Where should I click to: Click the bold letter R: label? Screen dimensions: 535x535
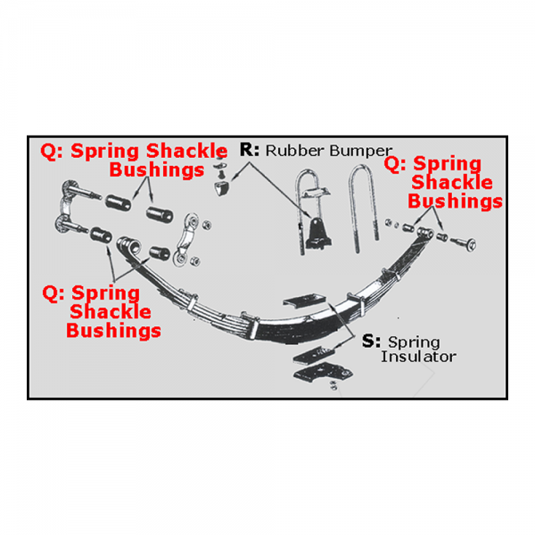tap(250, 150)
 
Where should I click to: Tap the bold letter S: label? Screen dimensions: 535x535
tap(371, 341)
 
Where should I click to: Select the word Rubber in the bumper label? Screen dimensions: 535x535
tap(294, 151)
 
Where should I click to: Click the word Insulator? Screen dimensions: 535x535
tap(418, 357)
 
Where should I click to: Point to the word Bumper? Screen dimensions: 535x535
tap(360, 152)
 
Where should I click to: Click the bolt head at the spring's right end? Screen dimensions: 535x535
tap(471, 244)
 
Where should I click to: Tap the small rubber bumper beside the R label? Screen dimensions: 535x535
tap(222, 188)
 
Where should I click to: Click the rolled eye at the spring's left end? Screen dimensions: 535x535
tap(129, 246)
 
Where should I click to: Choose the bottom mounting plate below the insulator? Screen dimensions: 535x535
tap(323, 373)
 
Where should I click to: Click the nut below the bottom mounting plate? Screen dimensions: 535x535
tap(333, 386)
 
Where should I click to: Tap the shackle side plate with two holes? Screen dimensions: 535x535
tap(186, 240)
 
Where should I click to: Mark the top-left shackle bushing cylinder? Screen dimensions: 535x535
tap(118, 202)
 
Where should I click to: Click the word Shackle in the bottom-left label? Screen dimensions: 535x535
tap(111, 311)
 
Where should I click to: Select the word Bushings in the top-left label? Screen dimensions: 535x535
tap(157, 169)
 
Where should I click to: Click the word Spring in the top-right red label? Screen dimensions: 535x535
tap(447, 164)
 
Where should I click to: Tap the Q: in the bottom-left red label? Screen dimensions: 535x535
tap(53, 293)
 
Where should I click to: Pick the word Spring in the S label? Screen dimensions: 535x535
tap(414, 342)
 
